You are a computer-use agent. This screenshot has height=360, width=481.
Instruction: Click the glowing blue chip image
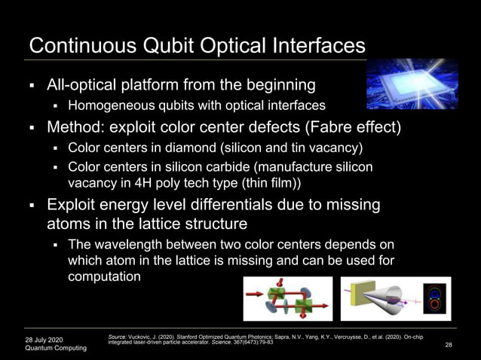[412, 84]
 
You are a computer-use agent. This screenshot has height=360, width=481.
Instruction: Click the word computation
[104, 276]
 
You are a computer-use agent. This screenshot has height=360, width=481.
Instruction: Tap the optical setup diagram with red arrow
[287, 299]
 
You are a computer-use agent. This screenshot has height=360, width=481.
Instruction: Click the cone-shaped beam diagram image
[395, 299]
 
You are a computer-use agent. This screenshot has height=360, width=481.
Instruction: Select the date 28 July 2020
[46, 339]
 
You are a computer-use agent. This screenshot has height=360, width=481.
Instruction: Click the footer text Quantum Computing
[56, 349]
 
